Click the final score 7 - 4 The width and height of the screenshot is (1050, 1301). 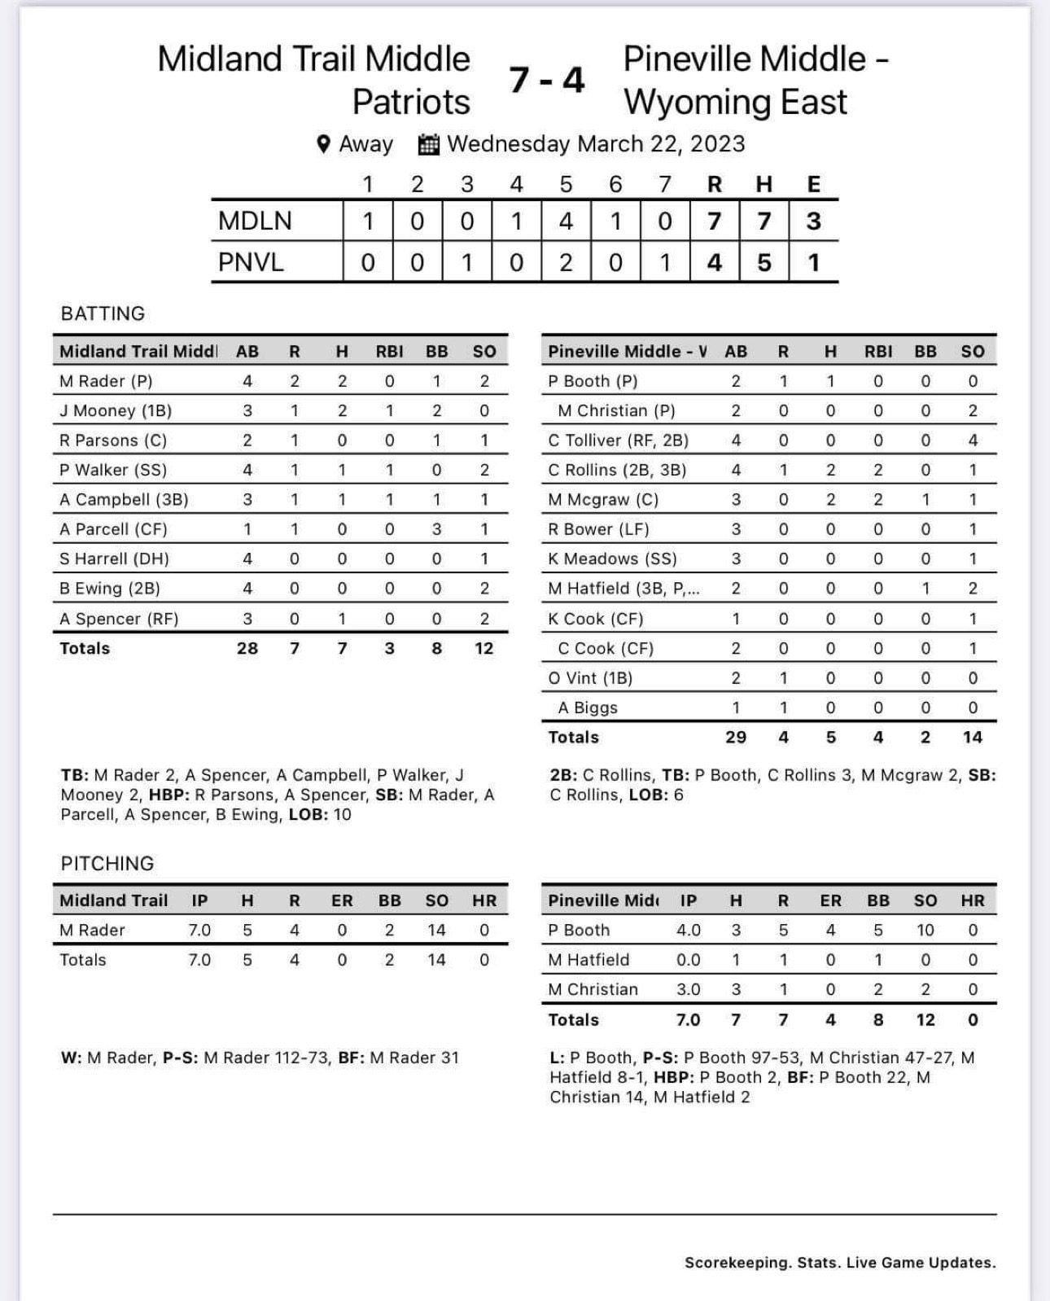tap(547, 80)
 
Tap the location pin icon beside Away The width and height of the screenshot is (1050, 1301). tap(323, 144)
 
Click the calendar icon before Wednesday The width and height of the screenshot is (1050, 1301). tap(428, 144)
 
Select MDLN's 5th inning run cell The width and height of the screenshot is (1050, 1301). tap(566, 221)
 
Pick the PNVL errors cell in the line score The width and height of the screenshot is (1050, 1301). tap(813, 262)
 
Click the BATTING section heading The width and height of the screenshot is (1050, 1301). tap(103, 313)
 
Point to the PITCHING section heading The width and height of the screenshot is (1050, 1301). tap(107, 863)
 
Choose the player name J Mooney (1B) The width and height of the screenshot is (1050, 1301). tap(116, 411)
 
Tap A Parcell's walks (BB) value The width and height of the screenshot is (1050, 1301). tap(437, 529)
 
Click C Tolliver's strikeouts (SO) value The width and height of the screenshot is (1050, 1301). tap(973, 440)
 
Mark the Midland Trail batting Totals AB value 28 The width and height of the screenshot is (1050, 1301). tap(247, 648)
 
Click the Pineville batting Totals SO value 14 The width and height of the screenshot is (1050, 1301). tap(973, 737)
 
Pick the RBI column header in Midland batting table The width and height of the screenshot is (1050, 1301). tap(389, 352)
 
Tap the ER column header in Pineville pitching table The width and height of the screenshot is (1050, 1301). tap(830, 900)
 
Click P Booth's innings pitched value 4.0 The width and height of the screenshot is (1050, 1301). tap(689, 930)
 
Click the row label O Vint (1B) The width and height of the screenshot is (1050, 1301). tap(590, 678)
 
